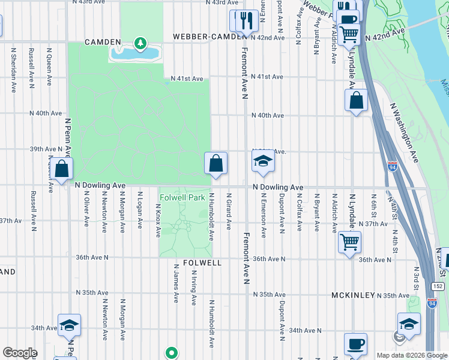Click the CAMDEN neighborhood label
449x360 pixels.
point(103,42)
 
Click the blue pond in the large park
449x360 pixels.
point(135,54)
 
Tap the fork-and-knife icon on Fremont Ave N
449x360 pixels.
point(246,21)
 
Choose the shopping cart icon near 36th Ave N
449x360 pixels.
point(349,242)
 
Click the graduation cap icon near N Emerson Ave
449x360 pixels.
point(262,162)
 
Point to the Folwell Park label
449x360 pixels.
point(182,197)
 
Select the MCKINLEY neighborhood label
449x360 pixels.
point(353,296)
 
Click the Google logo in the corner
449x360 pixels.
point(19,353)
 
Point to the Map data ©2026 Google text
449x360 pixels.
point(412,355)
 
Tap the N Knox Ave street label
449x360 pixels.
point(158,219)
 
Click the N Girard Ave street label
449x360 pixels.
point(229,211)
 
